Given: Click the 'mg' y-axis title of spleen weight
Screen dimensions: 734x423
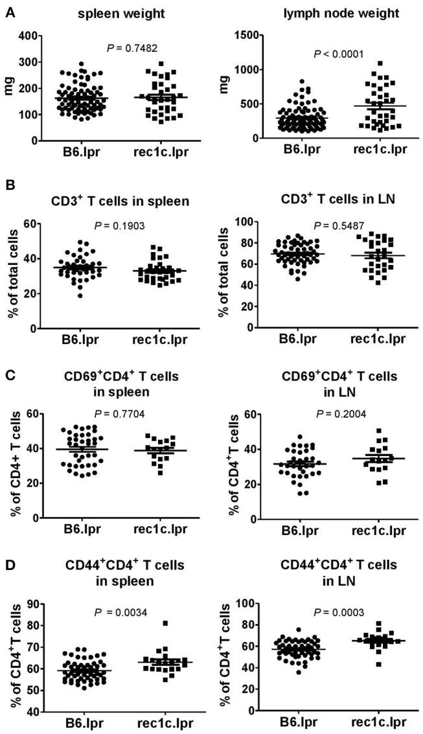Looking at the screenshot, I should click(11, 87).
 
